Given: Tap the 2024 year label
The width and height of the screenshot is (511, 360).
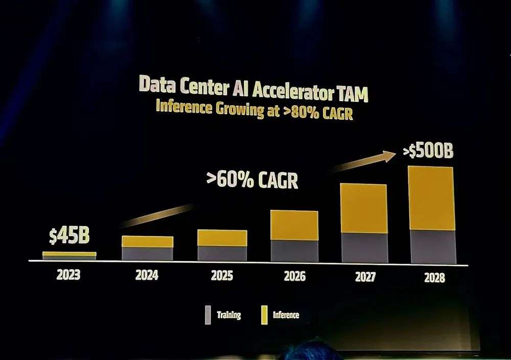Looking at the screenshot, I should (x=147, y=275).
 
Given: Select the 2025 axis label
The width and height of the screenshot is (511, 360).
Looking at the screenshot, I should (x=222, y=276).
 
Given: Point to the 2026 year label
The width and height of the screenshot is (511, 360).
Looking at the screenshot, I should (x=294, y=276).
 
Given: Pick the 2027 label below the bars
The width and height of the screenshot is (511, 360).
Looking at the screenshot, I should (x=364, y=277).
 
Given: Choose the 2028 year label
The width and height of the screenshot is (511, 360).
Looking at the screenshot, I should (x=434, y=278).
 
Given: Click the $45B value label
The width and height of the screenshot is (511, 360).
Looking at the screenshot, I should (x=69, y=236).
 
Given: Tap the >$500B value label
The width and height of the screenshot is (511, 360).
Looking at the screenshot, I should (x=428, y=151).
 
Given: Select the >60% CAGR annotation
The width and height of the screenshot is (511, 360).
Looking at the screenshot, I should (x=252, y=180).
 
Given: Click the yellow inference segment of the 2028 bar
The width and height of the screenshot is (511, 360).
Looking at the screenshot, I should (x=431, y=198).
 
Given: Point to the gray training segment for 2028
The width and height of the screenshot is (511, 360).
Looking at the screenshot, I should (x=432, y=247).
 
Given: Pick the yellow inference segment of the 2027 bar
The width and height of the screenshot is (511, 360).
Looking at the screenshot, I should (x=363, y=208).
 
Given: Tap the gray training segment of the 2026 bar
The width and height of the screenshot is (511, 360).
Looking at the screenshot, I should (x=294, y=250).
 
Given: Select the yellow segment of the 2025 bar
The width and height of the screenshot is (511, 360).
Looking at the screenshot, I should (x=222, y=238).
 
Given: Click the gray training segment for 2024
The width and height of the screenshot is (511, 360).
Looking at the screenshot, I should (x=147, y=253).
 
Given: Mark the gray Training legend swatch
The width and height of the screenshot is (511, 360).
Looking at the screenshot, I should (x=207, y=315).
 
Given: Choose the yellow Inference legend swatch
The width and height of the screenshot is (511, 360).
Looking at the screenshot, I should (x=264, y=315).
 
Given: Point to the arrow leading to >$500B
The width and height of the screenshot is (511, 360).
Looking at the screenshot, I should (x=366, y=161).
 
